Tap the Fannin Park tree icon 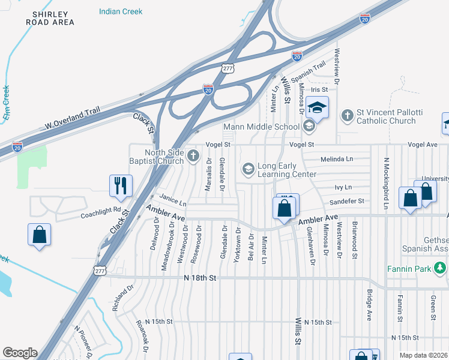[x=443, y=268]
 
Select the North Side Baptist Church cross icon [x=193, y=157]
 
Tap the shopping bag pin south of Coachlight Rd [x=39, y=234]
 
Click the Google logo [x=20, y=353]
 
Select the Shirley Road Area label [x=50, y=18]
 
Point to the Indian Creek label [x=121, y=11]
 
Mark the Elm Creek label [x=6, y=103]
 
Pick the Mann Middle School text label [x=261, y=127]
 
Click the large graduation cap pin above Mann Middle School [x=317, y=108]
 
